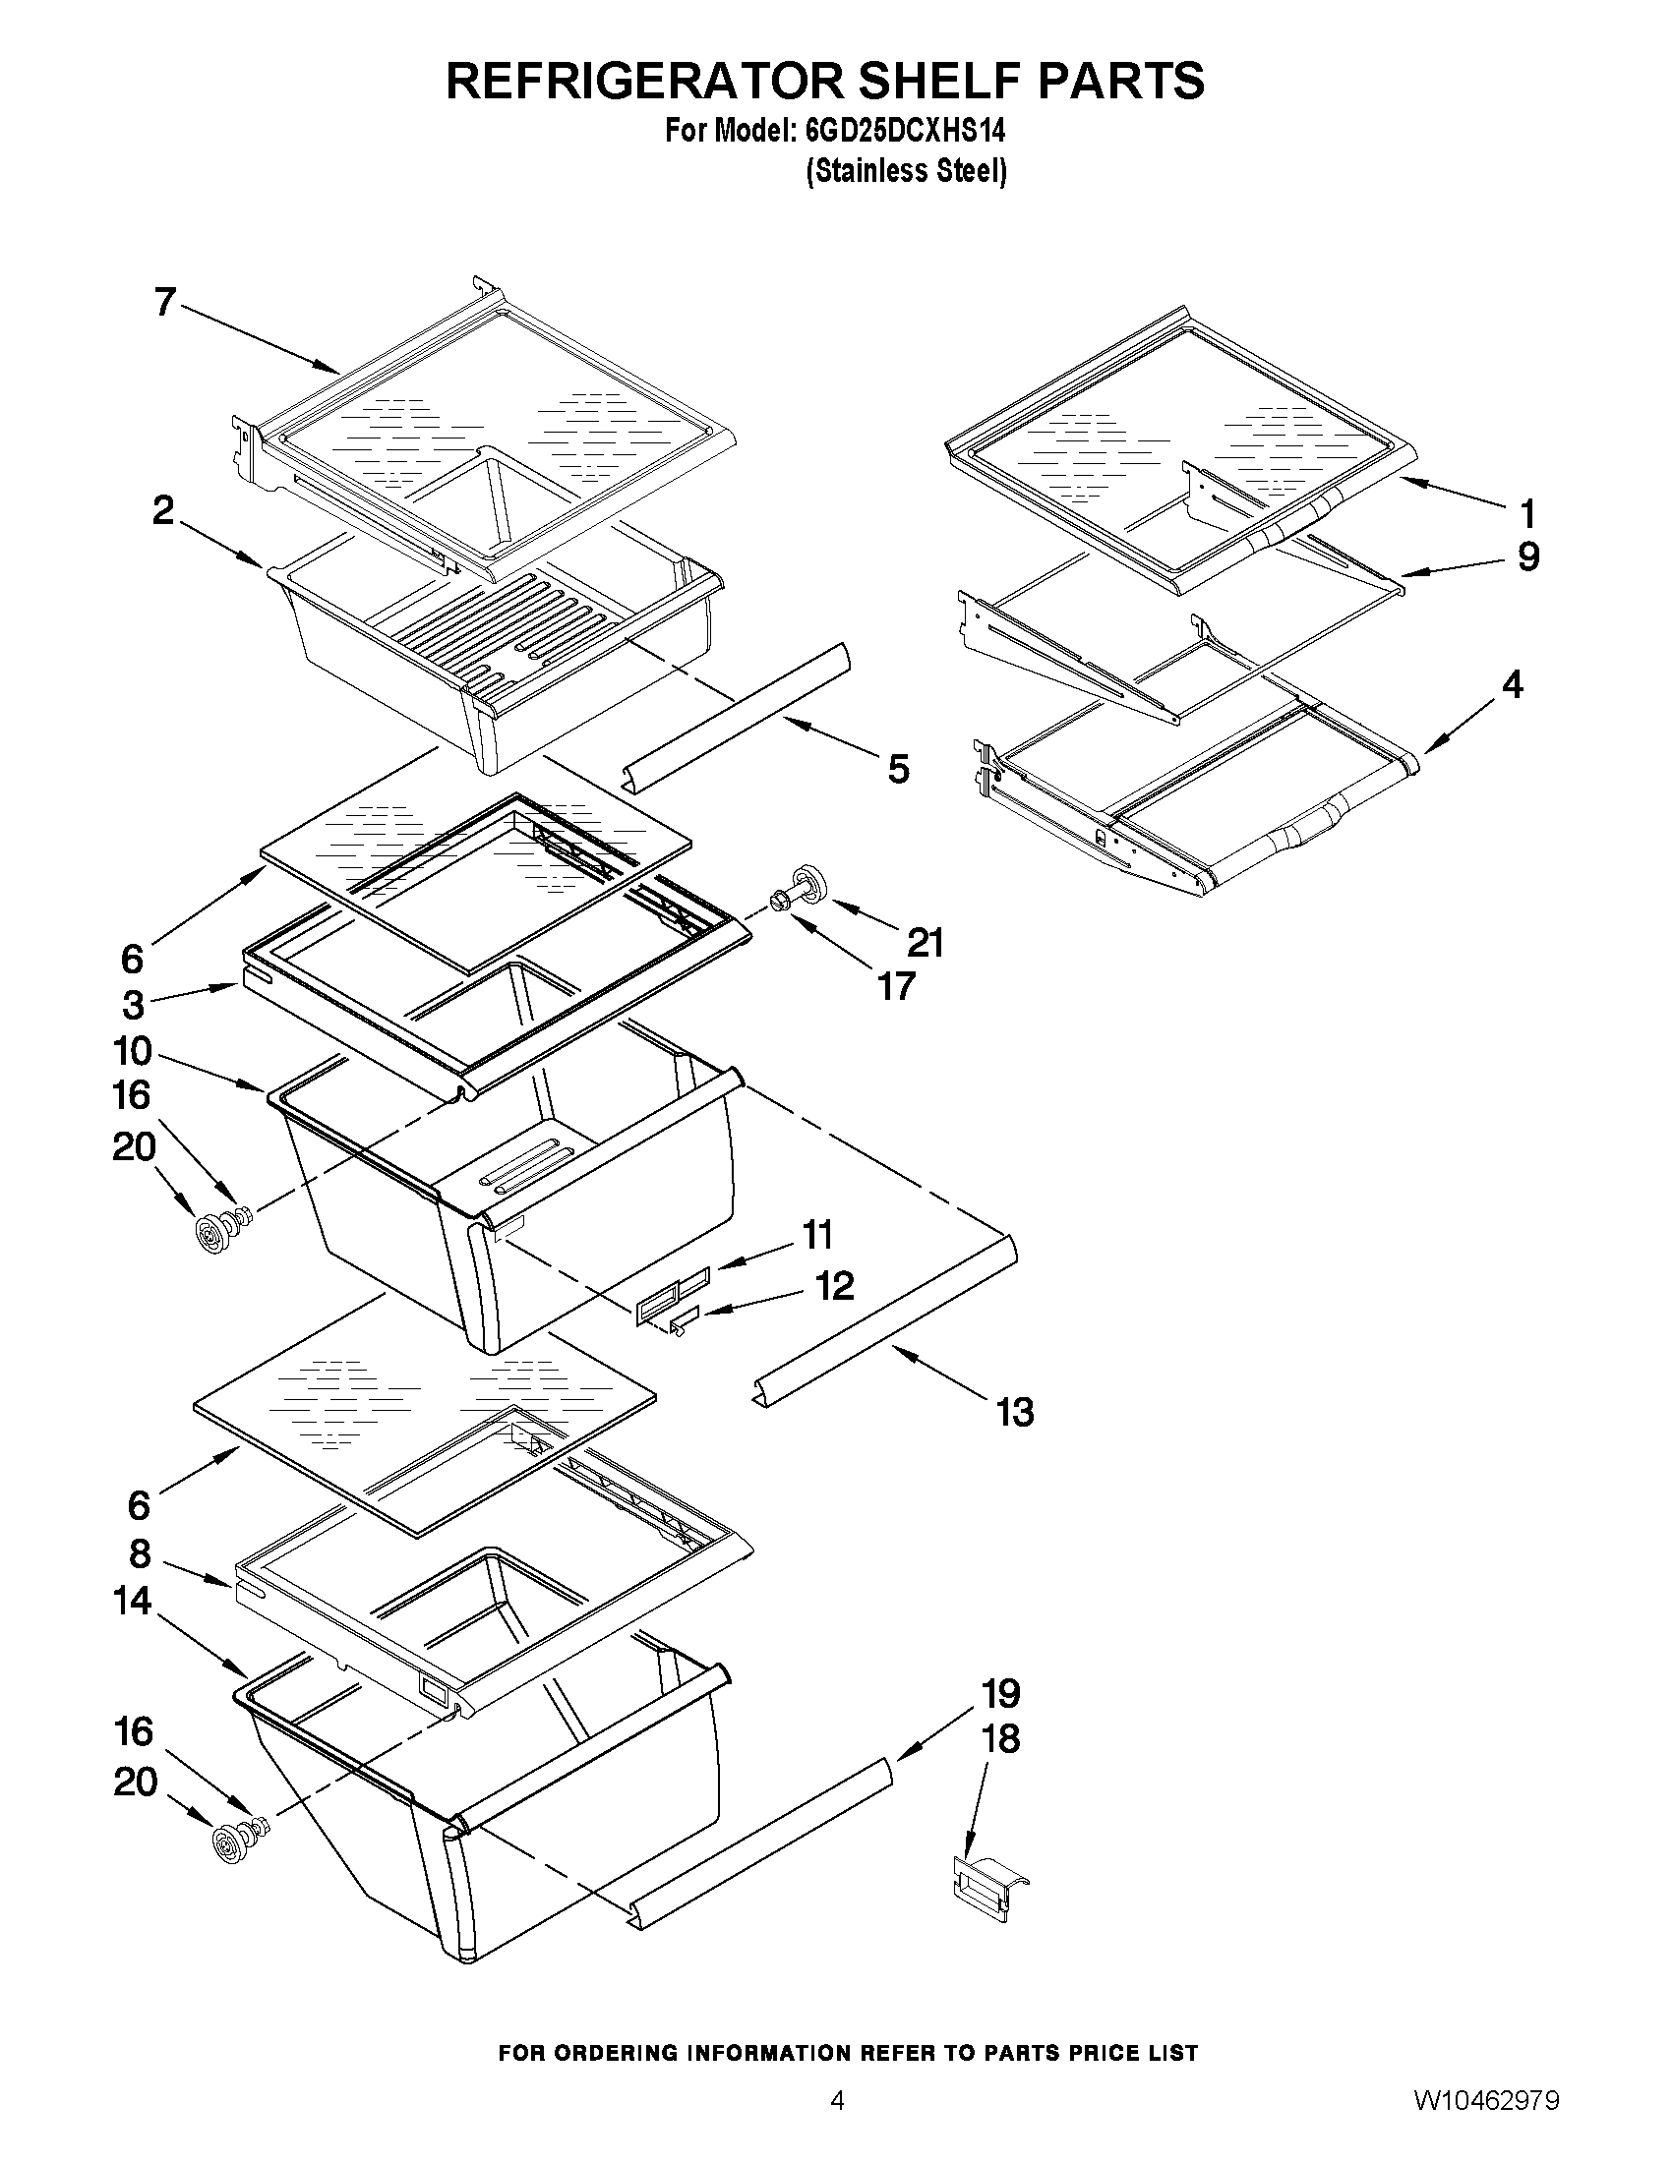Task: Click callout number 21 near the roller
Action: [x=925, y=943]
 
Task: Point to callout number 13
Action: [x=1015, y=1412]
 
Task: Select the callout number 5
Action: [x=898, y=769]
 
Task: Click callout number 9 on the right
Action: [x=1528, y=557]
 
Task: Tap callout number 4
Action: [x=1512, y=685]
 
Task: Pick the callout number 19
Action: [x=1001, y=1694]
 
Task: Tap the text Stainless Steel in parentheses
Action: [x=906, y=171]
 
